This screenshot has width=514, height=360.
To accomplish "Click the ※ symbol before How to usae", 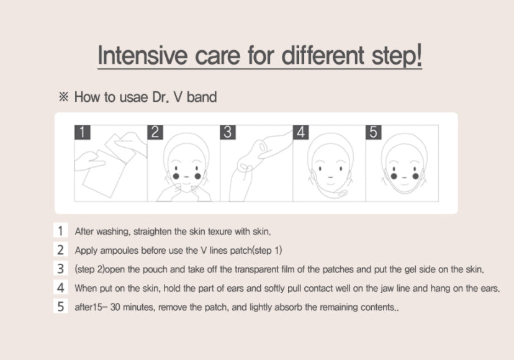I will [63, 97].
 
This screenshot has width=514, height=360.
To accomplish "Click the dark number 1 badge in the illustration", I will [82, 132].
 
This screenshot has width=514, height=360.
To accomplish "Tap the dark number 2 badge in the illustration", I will [155, 132].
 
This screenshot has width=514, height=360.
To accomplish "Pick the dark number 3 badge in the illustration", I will [228, 132].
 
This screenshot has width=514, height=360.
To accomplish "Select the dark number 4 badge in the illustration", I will [301, 132].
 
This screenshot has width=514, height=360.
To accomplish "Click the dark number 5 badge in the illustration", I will [374, 132].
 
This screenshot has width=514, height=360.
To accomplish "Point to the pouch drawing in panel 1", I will [109, 164].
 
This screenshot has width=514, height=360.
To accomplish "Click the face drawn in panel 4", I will [330, 164].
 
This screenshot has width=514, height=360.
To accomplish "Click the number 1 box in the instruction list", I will [60, 231].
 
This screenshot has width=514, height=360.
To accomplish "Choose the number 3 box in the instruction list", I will [60, 269].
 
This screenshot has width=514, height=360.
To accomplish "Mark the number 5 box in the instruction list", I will [60, 306].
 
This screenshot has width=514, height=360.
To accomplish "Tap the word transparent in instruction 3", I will [256, 269].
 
